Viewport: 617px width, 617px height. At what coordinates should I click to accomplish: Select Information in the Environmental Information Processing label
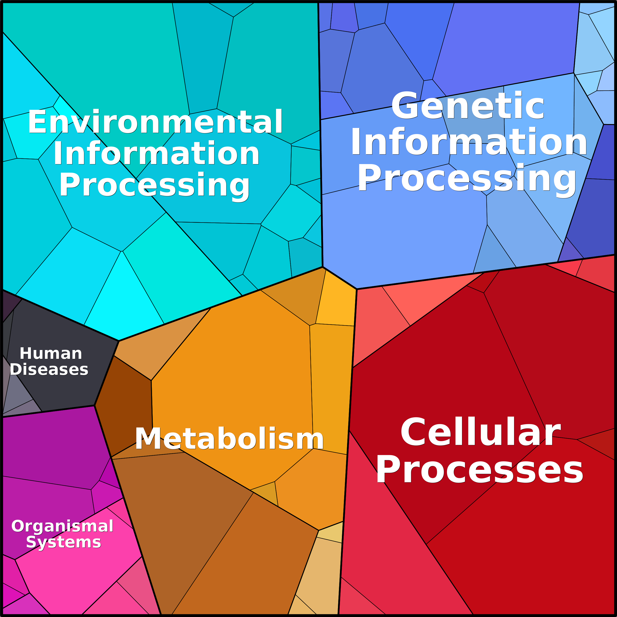tap(156, 153)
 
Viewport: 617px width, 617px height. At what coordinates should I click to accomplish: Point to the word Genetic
tap(468, 106)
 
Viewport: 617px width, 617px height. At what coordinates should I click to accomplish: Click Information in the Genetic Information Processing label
tap(469, 141)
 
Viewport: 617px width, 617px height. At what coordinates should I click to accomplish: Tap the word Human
tap(51, 353)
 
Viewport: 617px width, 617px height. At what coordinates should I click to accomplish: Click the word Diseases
tap(49, 369)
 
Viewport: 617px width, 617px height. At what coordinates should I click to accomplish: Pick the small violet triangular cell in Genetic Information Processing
tap(571, 251)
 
